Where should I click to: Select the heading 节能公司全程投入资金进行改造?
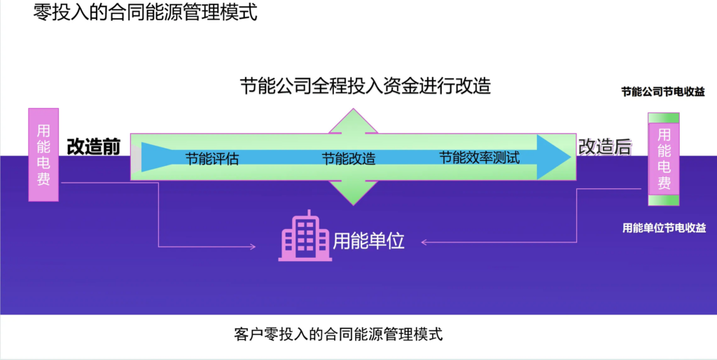pos(365,86)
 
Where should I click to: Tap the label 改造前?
pos(94,146)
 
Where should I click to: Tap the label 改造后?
pos(604,146)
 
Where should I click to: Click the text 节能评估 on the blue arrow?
pos(212,158)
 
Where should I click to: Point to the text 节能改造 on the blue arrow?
pos(349,158)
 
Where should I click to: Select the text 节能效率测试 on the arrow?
pos(480,157)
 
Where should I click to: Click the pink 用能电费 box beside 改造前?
pos(43,154)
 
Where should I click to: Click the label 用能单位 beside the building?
pos(369,241)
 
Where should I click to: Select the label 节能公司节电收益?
pos(663,92)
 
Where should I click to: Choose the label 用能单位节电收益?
pos(664,228)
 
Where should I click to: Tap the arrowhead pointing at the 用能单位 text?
pos(425,242)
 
